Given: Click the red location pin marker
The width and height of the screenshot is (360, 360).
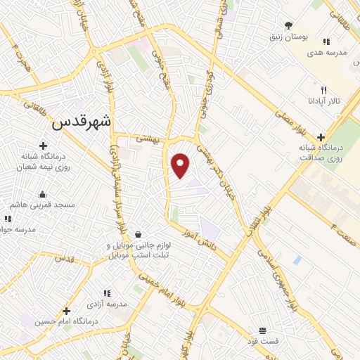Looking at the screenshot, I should point(181,166).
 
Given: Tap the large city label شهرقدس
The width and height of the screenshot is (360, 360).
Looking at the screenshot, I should point(83,121).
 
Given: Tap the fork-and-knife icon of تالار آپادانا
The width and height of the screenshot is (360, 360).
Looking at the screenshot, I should point(323,90).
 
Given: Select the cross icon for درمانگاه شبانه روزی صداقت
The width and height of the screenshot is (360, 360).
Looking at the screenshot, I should point(321,137).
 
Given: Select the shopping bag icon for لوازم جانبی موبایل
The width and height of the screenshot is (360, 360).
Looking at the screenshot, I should point(138,234).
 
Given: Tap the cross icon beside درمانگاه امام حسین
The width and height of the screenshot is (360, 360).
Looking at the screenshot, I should point(66,311).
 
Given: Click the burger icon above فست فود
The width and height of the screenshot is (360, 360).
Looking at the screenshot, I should point(262,330).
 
